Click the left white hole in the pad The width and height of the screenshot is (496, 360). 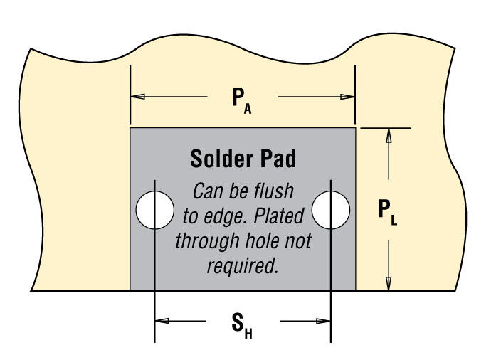(154, 210)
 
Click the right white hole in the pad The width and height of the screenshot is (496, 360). (331, 210)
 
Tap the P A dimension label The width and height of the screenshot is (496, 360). (242, 100)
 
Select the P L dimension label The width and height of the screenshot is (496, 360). (388, 212)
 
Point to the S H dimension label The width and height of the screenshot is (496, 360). (242, 325)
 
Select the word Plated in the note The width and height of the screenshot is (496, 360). (279, 216)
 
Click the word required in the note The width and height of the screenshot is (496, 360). (243, 265)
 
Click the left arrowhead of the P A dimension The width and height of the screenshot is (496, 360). (137, 97)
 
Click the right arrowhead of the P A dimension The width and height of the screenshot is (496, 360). (347, 97)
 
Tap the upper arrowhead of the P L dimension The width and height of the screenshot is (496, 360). (389, 135)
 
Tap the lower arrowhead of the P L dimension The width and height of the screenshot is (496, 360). (389, 283)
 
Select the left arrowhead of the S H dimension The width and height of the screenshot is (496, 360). (162, 321)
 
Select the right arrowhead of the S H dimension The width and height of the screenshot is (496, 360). (323, 321)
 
